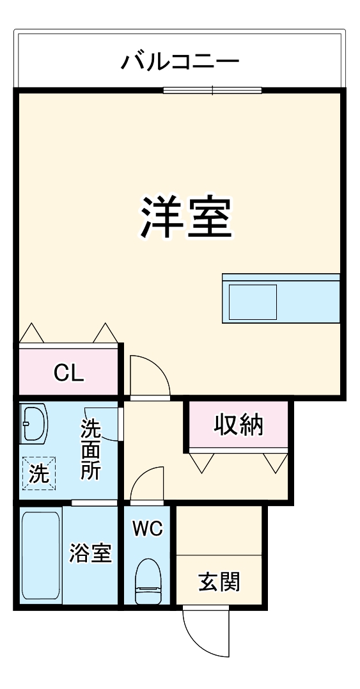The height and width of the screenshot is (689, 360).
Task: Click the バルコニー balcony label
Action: pyautogui.click(x=180, y=62)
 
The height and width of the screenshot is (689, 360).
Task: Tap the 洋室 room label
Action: pyautogui.click(x=186, y=217)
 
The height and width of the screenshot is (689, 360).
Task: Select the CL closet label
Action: pyautogui.click(x=68, y=373)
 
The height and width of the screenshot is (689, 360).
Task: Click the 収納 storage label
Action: pyautogui.click(x=238, y=425)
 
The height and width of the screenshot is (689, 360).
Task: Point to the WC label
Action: pyautogui.click(x=148, y=528)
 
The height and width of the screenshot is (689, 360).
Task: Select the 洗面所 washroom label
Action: pyautogui.click(x=90, y=450)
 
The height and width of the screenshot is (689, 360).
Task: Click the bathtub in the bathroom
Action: pyautogui.click(x=42, y=555)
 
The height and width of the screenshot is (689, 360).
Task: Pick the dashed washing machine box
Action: pyautogui.click(x=39, y=473)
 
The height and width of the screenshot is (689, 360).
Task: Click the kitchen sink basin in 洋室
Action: pyautogui.click(x=253, y=302)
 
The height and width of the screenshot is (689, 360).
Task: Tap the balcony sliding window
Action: pyautogui.click(x=212, y=90)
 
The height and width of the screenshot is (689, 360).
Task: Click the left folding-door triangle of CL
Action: pyautogui.click(x=31, y=334)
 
